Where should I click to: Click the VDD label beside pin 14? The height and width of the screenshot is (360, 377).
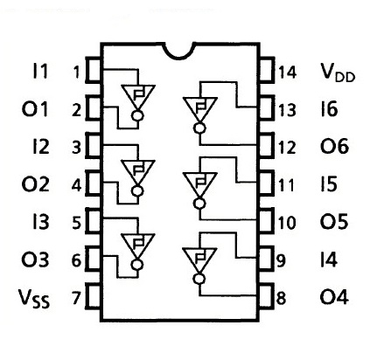pyautogui.click(x=338, y=73)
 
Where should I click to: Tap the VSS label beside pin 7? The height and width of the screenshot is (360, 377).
pyautogui.click(x=34, y=299)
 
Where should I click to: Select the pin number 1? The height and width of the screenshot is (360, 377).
pyautogui.click(x=76, y=72)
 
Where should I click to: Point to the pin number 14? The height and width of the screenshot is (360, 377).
pyautogui.click(x=287, y=73)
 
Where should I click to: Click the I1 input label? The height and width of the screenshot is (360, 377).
pyautogui.click(x=39, y=71)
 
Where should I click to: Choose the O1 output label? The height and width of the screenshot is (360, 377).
pyautogui.click(x=35, y=108)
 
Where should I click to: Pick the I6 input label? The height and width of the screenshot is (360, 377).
pyautogui.click(x=329, y=108)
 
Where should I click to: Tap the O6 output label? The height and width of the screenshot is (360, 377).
pyautogui.click(x=334, y=146)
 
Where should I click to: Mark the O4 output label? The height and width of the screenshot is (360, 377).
pyautogui.click(x=334, y=297)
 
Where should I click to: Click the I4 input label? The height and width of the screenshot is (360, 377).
pyautogui.click(x=329, y=260)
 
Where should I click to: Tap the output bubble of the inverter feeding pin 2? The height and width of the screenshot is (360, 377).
pyautogui.click(x=137, y=115)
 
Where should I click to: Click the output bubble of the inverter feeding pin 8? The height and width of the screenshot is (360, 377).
pyautogui.click(x=199, y=279)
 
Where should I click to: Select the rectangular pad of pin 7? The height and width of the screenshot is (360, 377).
pyautogui.click(x=93, y=296)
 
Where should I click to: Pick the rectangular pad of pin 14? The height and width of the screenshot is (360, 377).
pyautogui.click(x=267, y=70)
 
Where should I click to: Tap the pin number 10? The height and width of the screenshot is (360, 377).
pyautogui.click(x=287, y=223)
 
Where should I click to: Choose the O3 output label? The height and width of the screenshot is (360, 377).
pyautogui.click(x=35, y=260)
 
